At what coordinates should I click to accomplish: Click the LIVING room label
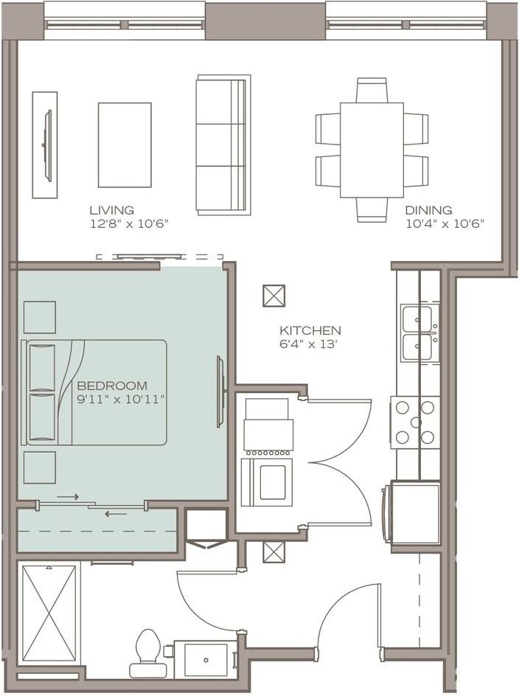pos(112,210)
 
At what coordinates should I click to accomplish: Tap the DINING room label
pos(428,210)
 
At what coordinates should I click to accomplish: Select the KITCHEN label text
pos(310,331)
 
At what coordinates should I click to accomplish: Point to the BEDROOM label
pos(112,386)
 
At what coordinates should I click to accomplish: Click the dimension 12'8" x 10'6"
pos(130,223)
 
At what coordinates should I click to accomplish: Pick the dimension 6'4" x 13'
pos(307,344)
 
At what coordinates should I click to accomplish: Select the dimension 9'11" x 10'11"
pos(121,400)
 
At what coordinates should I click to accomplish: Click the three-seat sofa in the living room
pos(223,145)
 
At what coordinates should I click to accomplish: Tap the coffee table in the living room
pos(125,145)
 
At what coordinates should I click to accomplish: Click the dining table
pos(372,150)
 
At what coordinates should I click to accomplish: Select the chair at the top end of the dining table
pos(372,91)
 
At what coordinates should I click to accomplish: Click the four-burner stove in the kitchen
pos(416,422)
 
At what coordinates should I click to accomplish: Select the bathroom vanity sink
pos(206,660)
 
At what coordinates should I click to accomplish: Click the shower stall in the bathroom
pos(49,615)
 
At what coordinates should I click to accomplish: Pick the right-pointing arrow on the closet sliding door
pos(68,497)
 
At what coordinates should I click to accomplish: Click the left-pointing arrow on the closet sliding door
pos(116,514)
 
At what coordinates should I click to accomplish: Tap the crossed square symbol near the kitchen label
pos(274,296)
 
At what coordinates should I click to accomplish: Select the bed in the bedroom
pos(94,393)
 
